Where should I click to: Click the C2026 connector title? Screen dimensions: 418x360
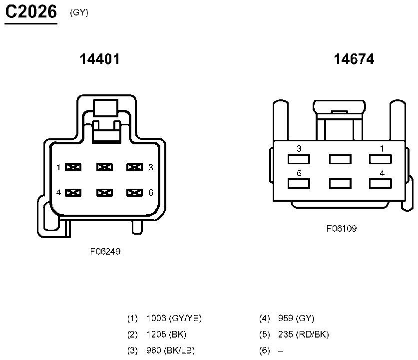[x=31, y=12]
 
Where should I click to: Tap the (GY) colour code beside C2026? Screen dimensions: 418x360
[x=79, y=12]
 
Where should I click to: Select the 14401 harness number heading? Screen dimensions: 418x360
[x=100, y=59]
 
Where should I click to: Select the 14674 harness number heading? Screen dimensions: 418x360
[x=354, y=59]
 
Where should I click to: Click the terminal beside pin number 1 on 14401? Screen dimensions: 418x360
[x=73, y=167]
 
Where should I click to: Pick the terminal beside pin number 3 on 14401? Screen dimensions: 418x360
[x=134, y=167]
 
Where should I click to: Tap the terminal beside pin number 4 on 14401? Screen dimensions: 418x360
[x=73, y=193]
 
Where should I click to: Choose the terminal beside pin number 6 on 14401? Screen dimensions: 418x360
[x=134, y=193]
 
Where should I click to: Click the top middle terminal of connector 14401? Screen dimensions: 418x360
[x=104, y=167]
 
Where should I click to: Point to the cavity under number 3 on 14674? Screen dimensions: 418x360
[x=299, y=159]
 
